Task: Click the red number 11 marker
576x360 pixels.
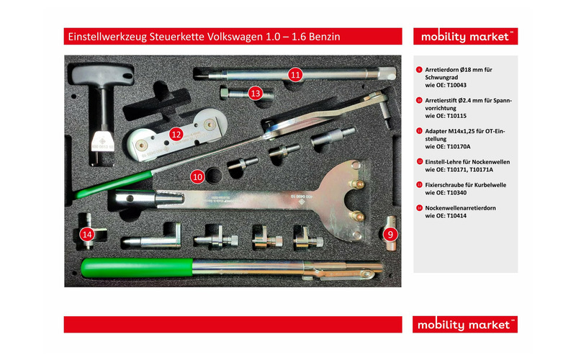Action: coord(296,74)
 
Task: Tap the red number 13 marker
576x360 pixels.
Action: coord(255,93)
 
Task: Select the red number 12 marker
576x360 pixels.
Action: coord(176,133)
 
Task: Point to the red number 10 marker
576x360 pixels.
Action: coord(197,175)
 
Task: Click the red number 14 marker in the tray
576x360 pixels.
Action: coord(87,233)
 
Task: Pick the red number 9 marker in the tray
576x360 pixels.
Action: coord(390,233)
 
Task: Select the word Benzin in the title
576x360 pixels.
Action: coord(321,35)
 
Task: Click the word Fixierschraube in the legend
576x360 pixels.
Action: coord(445,185)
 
